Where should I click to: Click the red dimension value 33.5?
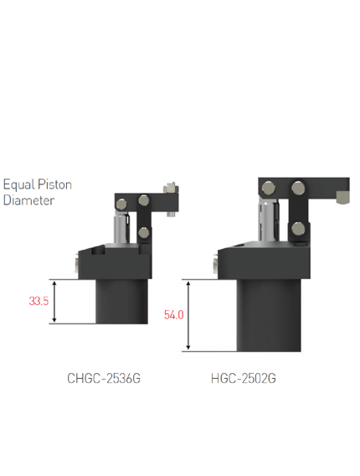coord(39,301)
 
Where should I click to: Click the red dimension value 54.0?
coord(174,315)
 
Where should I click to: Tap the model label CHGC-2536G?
coord(104,379)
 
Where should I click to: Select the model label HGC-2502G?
coord(244,379)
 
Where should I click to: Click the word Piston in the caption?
coord(54,184)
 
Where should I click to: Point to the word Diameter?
coord(28,200)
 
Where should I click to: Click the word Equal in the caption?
coord(18,185)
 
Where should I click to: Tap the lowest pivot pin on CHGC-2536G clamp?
coord(143,233)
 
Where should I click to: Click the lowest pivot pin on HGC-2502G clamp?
coord(298,229)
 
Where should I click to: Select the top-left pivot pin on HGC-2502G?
coord(269,189)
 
